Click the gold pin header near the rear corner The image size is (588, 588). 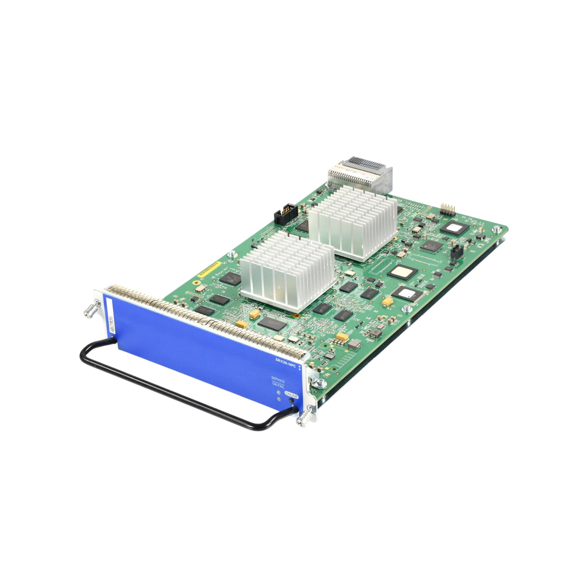(447, 209)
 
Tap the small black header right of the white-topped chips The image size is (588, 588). (456, 252)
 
